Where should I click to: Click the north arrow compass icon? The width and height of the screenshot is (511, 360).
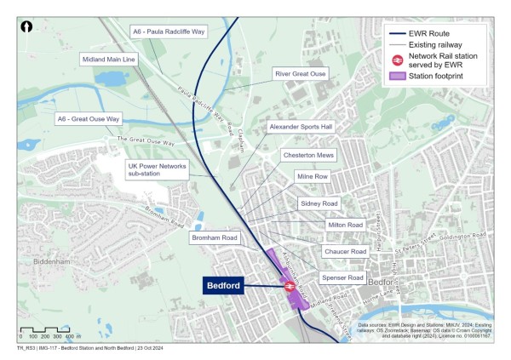click(27, 28)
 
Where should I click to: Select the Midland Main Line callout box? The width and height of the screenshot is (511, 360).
click(108, 60)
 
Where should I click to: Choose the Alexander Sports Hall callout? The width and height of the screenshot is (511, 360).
click(301, 127)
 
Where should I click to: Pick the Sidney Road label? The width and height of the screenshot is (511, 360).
click(319, 204)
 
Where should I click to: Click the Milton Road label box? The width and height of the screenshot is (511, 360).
click(344, 225)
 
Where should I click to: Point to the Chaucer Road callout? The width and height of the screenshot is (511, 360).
click(344, 252)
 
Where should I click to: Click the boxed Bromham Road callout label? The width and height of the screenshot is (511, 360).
click(215, 237)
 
